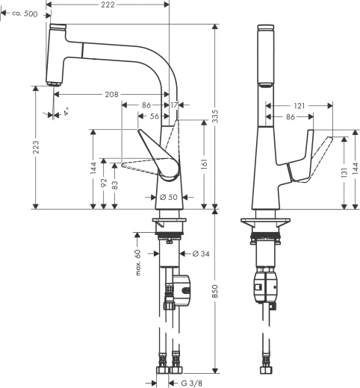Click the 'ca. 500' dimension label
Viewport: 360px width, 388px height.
pos(25,14)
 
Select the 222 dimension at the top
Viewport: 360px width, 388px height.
pos(108,5)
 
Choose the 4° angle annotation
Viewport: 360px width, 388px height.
pos(66,112)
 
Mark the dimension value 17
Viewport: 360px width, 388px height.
pos(174,105)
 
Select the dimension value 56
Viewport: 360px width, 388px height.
pos(155,116)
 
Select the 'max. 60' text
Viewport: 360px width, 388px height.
pos(138,263)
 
